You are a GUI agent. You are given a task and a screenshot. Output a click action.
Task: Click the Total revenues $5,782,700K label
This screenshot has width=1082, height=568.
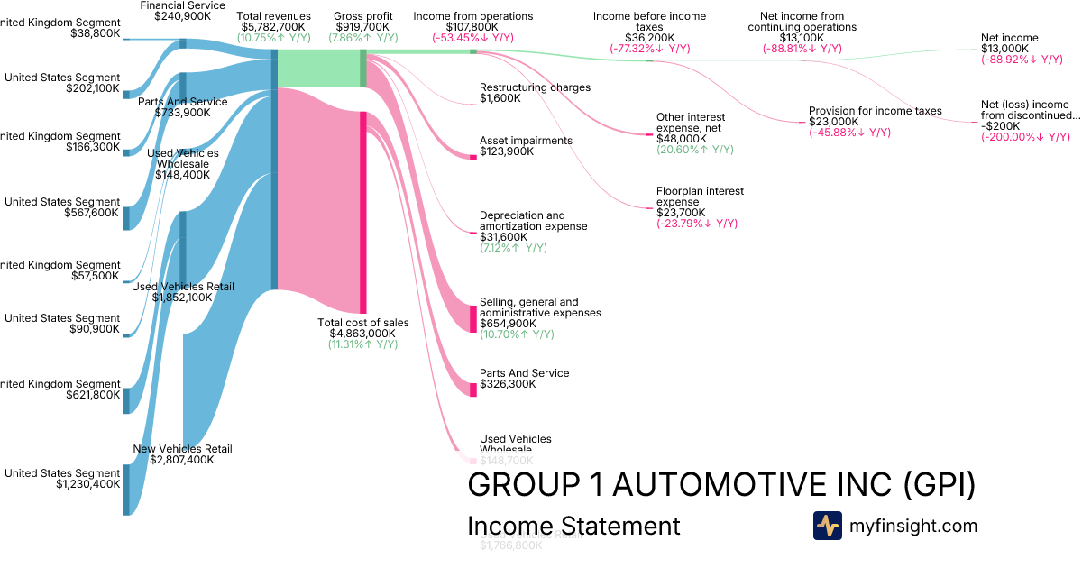[x=273, y=22]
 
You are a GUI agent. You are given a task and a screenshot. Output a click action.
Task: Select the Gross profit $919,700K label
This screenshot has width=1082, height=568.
[x=362, y=22]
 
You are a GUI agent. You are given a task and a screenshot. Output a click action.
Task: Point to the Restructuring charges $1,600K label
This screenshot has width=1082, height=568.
[x=535, y=93]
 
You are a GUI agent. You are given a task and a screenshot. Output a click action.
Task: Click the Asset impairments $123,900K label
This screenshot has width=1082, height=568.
[x=526, y=146]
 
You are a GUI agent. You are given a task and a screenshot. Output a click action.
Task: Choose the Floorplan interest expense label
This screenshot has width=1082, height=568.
[x=700, y=202]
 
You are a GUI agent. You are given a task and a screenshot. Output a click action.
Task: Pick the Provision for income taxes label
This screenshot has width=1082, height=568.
[x=875, y=116]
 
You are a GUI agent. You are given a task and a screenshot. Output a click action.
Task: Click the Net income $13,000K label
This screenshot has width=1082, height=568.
[x=1009, y=43]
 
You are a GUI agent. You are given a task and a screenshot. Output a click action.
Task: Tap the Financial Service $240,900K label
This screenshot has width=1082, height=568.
[x=183, y=11]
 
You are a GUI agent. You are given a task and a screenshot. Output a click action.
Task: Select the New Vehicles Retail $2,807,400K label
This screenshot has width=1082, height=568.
[x=182, y=454]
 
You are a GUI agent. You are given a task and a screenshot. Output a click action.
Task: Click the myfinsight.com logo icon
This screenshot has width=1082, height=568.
[x=827, y=526]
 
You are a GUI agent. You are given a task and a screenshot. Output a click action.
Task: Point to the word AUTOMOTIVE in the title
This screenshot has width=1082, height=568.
[x=753, y=484]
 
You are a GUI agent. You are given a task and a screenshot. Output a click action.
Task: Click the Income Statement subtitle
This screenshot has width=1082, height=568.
[x=573, y=526]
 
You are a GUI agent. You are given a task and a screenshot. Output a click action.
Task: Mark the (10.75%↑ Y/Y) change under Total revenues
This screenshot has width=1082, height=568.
[x=273, y=38]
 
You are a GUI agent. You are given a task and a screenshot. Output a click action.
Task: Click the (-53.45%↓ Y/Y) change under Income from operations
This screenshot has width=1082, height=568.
[x=472, y=38]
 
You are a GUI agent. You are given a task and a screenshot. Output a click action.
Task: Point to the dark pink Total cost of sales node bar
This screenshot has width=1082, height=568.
[x=363, y=212]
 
